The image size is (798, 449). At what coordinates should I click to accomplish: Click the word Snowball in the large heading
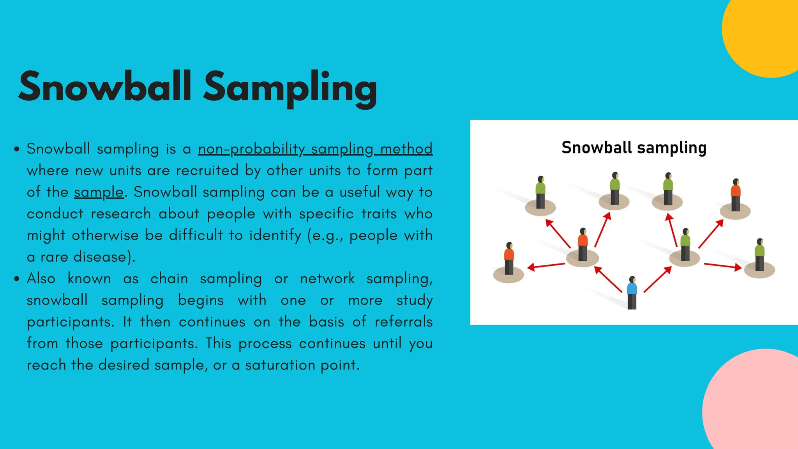104,87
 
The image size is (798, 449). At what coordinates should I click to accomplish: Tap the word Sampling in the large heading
290,88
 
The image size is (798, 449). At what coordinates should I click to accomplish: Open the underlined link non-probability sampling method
315,149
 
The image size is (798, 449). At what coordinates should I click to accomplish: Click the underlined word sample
99,192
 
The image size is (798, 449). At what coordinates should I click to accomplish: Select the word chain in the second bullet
169,279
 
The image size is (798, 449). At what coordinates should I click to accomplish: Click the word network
327,279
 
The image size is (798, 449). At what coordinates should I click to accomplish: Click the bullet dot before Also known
16,279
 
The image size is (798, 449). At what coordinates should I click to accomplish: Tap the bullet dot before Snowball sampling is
16,149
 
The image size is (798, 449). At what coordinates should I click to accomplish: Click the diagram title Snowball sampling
634,148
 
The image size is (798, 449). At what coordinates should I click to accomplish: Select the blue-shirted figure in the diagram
632,292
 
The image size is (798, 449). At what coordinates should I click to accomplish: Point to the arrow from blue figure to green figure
658,279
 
